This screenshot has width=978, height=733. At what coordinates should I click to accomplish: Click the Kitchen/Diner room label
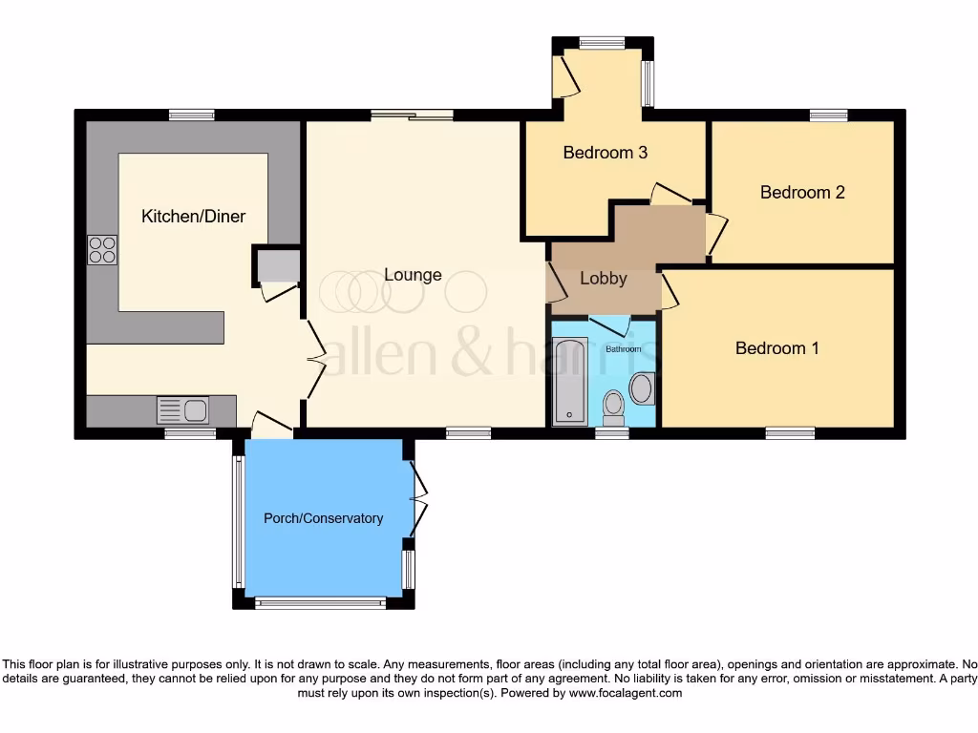pos(193,217)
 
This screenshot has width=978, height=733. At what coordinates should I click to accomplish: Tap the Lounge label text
pos(413,275)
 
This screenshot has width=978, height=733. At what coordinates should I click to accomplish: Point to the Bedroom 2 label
pos(802,193)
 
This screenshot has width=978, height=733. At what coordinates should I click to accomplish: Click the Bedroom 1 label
pos(776,348)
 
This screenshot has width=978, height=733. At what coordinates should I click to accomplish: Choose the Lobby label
pos(604,279)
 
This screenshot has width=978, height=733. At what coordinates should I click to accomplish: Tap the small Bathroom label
pos(624,349)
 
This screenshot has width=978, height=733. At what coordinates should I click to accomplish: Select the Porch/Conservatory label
pos(323,518)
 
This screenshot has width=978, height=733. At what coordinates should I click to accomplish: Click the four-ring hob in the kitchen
pos(102,249)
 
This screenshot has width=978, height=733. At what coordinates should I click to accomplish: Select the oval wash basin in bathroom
pos(641,388)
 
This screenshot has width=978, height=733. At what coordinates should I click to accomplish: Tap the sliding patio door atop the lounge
pos(412,115)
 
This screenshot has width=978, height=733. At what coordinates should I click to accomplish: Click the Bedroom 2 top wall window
pos(828,115)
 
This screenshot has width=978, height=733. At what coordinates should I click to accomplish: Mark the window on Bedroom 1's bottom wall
pos(790,433)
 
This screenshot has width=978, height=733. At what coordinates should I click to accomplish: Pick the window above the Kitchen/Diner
pos(191,115)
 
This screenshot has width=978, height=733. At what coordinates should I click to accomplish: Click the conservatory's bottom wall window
pos(321,602)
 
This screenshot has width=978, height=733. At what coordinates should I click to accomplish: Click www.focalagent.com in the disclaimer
pos(625,693)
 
